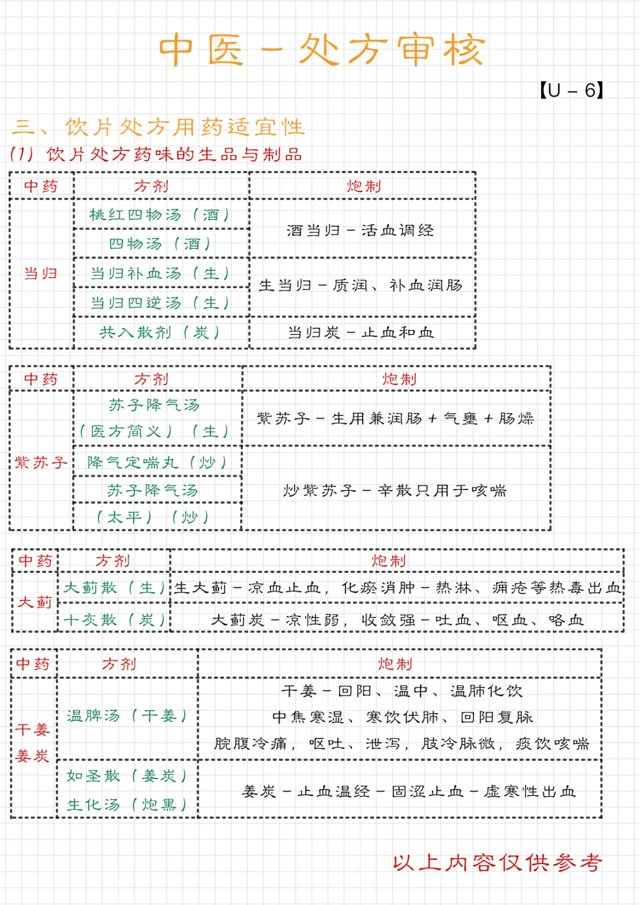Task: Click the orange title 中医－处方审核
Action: pos(322,50)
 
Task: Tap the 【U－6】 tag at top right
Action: pos(571,91)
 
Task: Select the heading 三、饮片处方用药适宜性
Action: pos(158,127)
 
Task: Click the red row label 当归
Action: pos(40,273)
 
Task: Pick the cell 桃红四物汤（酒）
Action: pos(159,215)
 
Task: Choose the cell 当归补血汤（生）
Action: pos(159,273)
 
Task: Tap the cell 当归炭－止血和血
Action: pos(361,332)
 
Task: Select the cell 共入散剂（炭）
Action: pos(159,332)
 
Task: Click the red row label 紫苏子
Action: pos(41,462)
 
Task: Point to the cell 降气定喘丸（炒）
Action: pos(157,462)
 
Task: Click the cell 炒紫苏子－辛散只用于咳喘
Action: pos(395,491)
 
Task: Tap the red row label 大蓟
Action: pos(35,602)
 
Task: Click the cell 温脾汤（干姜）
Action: pos(127,716)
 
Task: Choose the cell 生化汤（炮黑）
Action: pos(127,805)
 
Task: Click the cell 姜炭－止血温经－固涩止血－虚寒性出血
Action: pos(409,792)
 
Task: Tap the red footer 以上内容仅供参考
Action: pos(497,863)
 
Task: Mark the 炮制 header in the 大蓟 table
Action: pos(389,561)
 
